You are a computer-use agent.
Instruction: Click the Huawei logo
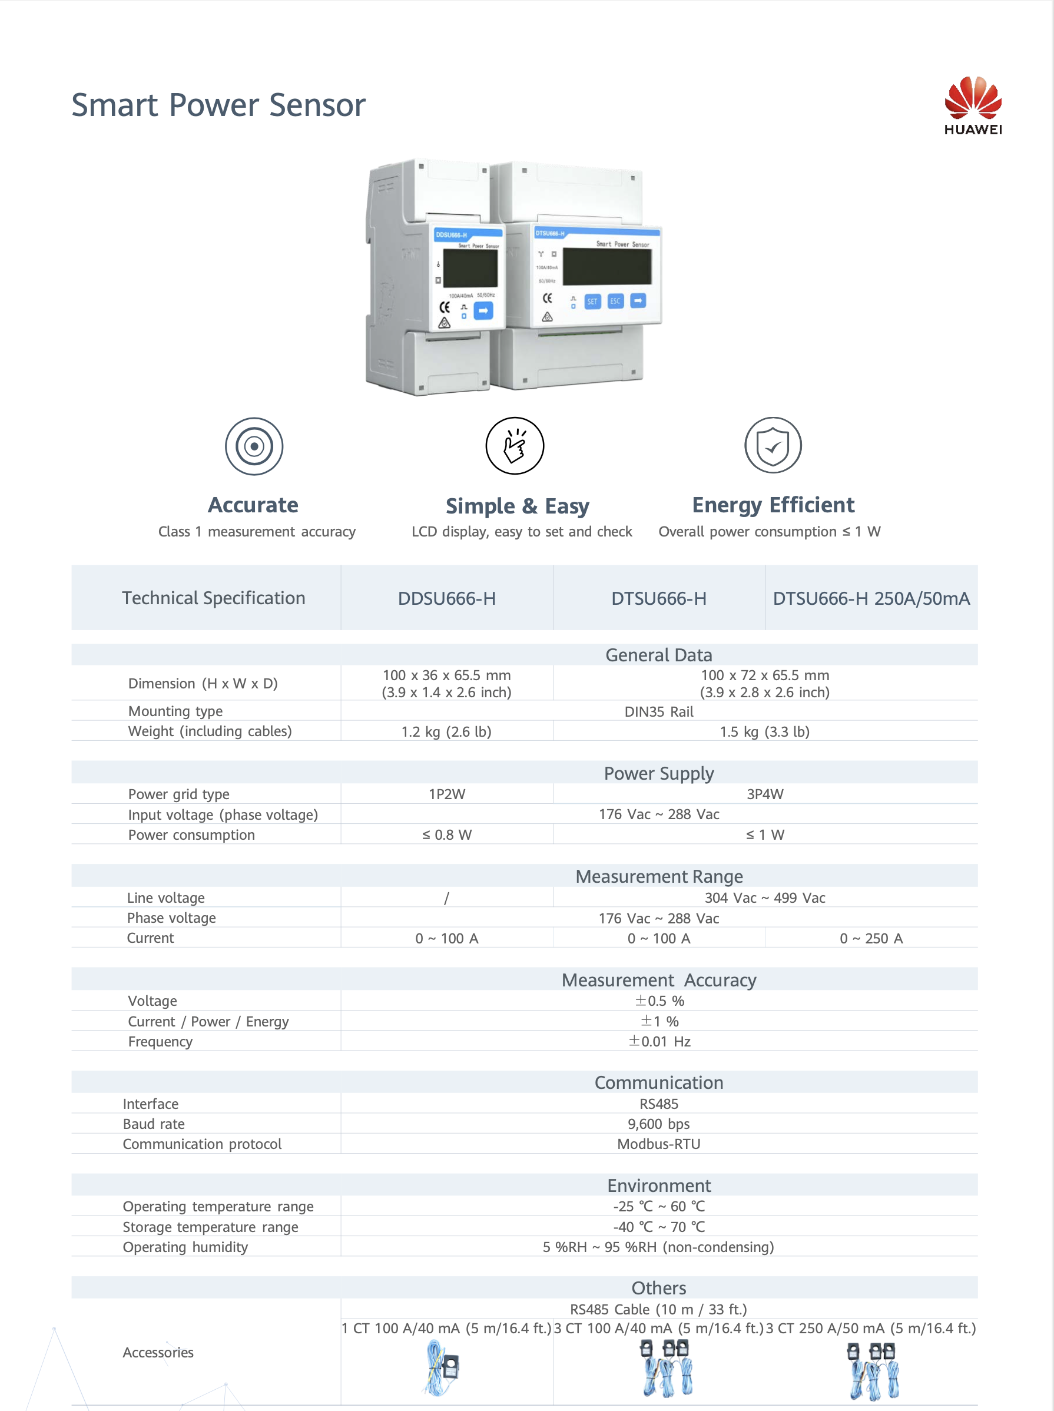(972, 106)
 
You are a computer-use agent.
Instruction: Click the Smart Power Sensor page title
(218, 105)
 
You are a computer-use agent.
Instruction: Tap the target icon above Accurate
(254, 446)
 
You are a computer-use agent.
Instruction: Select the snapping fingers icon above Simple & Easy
(515, 446)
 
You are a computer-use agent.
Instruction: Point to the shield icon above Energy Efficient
(773, 445)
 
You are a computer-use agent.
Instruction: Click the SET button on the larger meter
(592, 302)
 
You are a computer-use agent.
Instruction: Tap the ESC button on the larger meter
(615, 301)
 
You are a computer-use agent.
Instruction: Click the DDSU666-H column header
(446, 598)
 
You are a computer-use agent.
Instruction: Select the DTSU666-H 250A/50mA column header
(871, 598)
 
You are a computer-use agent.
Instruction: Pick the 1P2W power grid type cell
(446, 794)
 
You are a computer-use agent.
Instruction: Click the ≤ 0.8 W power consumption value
(446, 835)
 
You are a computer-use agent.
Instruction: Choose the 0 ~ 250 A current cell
(871, 938)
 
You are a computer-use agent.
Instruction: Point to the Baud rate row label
(154, 1124)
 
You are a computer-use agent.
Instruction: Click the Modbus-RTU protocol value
(659, 1144)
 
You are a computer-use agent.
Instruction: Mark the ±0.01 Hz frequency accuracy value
(659, 1042)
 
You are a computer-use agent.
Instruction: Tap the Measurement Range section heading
(659, 876)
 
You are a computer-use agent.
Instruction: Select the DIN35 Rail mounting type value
(659, 712)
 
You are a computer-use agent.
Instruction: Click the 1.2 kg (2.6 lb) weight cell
(446, 731)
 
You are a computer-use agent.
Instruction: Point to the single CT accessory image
(443, 1367)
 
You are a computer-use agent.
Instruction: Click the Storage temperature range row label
(210, 1227)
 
